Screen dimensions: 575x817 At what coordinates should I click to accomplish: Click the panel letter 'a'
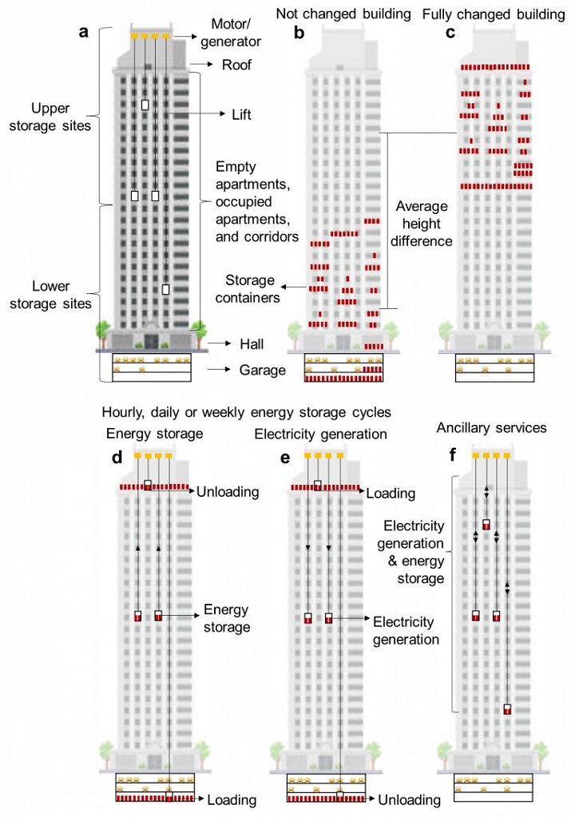point(83,32)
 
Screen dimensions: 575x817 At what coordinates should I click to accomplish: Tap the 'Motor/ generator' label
point(231,33)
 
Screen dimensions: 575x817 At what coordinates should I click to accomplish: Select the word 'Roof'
point(236,65)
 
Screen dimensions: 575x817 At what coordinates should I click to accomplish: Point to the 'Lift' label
point(242,114)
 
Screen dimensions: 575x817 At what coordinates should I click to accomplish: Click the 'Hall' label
point(252,344)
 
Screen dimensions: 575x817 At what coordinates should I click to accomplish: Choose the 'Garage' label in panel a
point(263,370)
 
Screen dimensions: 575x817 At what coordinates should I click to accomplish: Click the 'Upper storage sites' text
point(50,117)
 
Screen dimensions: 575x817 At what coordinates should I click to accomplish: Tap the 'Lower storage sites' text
point(50,295)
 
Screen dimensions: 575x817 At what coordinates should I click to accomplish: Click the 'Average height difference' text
point(422,224)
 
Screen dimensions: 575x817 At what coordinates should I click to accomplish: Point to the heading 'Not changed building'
point(343,14)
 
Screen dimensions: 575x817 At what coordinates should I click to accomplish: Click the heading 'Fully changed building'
point(494,14)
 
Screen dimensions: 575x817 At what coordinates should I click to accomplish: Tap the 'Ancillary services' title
point(492,428)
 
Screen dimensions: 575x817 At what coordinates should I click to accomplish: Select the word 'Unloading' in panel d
point(228,492)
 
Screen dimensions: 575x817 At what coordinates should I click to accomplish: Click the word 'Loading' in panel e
point(391,494)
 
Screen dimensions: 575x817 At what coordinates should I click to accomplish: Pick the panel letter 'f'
point(453,455)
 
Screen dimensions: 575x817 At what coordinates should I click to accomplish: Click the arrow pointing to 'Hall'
point(220,343)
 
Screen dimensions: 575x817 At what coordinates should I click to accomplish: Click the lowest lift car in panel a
point(165,289)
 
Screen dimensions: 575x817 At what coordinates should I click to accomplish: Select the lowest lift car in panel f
point(507,709)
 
